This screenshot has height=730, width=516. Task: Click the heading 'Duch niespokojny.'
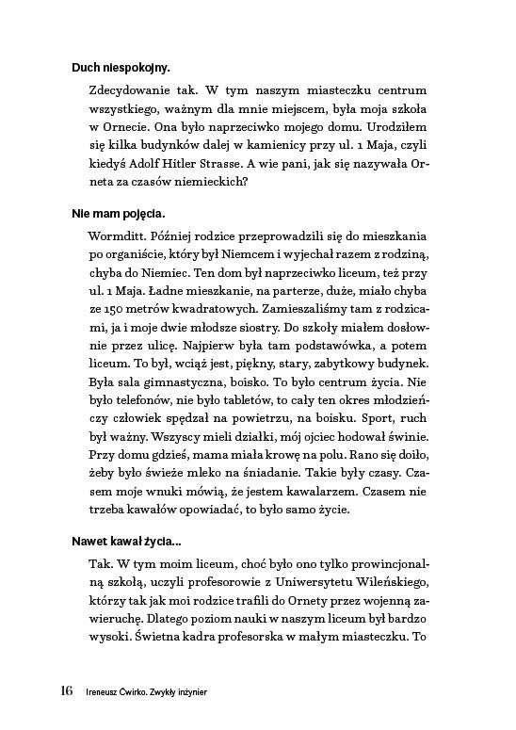click(x=121, y=67)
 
